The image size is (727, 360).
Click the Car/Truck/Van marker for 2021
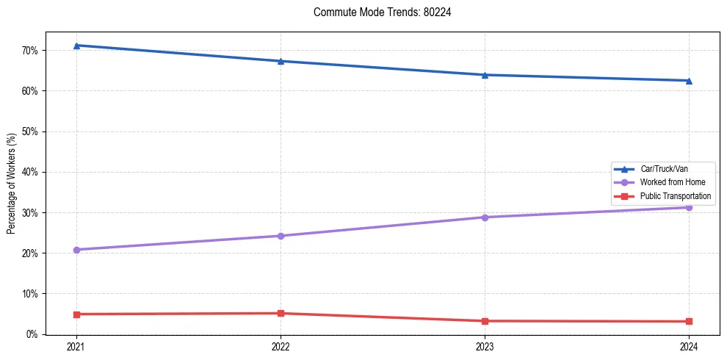point(76,46)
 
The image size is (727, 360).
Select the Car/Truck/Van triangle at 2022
point(281,61)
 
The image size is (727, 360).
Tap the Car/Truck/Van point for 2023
point(485,75)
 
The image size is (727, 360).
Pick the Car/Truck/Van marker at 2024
point(689,81)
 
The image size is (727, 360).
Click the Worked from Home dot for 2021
point(76,250)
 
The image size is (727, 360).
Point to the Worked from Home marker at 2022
point(281,236)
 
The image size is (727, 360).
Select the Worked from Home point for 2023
point(485,217)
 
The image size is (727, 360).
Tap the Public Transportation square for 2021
point(76,314)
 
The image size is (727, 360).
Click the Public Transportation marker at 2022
point(281,314)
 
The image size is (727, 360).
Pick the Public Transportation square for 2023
point(485,321)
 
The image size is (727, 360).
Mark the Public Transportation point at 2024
point(689,322)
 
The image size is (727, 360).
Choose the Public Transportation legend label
point(675,196)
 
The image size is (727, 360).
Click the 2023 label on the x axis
point(485,346)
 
